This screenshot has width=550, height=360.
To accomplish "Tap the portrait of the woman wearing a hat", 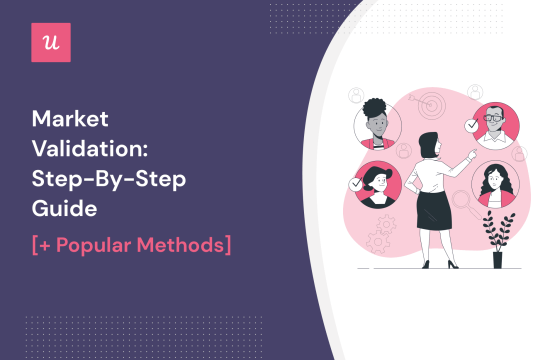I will click(379, 185).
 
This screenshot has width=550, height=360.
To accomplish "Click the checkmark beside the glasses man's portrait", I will click(472, 126).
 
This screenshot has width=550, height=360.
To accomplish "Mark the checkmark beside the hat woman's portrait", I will click(355, 184).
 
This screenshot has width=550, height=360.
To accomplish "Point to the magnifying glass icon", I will click(461, 203).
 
